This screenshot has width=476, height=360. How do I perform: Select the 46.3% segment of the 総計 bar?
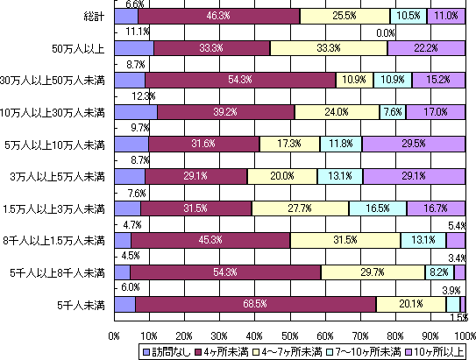[x=218, y=15]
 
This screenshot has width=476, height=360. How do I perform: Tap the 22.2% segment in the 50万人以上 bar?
[x=426, y=47]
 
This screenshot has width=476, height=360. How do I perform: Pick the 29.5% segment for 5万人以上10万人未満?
[x=413, y=144]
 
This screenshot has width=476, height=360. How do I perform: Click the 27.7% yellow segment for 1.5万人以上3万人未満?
[x=300, y=208]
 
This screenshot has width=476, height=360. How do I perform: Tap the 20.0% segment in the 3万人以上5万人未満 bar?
[x=281, y=176]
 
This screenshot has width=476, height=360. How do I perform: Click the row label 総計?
[x=92, y=16]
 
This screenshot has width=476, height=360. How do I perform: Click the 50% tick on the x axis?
[x=289, y=335]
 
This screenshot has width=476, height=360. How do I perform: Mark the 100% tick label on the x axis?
[x=464, y=335]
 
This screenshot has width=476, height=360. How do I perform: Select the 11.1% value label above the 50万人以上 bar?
[x=136, y=32]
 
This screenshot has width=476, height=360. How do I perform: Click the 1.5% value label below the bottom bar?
[x=458, y=317]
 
